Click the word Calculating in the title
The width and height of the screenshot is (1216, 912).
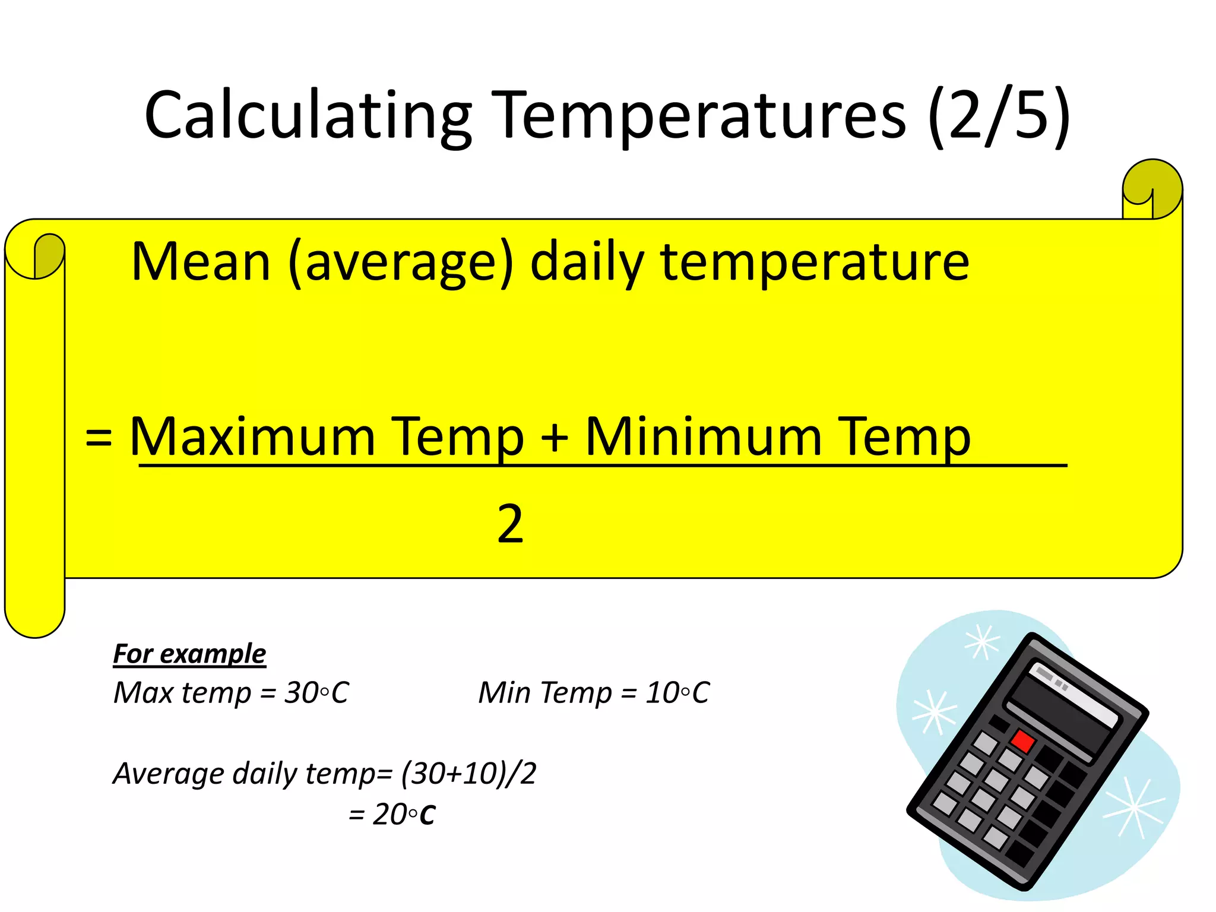(x=308, y=116)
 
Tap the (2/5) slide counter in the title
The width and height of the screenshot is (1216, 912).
(x=999, y=116)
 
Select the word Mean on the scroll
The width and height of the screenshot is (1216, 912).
(x=201, y=262)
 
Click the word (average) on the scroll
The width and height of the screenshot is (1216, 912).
(x=401, y=263)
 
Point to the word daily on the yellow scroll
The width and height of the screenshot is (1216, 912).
(x=587, y=263)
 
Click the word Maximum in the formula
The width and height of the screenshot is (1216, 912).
(x=252, y=437)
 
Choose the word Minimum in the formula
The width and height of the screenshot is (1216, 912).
(x=704, y=437)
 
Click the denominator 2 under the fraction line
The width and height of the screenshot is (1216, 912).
(x=510, y=524)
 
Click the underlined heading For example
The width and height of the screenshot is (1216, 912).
(x=189, y=654)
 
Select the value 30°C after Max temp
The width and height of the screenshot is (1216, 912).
(x=316, y=692)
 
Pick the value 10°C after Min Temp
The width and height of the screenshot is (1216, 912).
(x=677, y=692)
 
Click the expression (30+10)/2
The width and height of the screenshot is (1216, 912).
(x=468, y=773)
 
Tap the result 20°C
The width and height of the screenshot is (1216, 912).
(x=404, y=814)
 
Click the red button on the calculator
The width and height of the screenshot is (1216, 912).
(x=1023, y=741)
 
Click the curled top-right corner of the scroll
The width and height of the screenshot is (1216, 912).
(x=1152, y=189)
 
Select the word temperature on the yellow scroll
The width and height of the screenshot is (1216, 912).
(x=815, y=263)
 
